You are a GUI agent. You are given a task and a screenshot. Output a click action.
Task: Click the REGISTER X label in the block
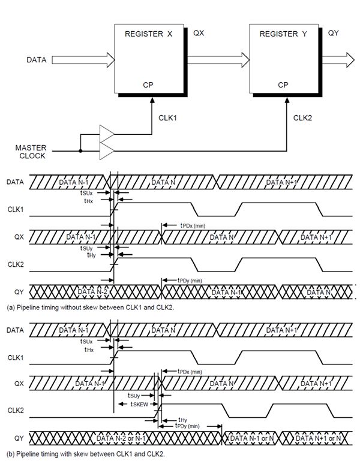(x=148, y=34)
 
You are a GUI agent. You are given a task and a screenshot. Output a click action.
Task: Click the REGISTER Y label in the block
(x=283, y=34)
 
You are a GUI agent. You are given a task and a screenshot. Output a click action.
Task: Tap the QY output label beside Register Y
(x=334, y=34)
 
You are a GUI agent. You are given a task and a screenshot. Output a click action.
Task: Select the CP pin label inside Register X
(x=148, y=85)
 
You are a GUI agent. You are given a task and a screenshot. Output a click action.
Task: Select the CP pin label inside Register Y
(x=283, y=85)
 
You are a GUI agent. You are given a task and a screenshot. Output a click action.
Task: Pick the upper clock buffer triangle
(x=106, y=133)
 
